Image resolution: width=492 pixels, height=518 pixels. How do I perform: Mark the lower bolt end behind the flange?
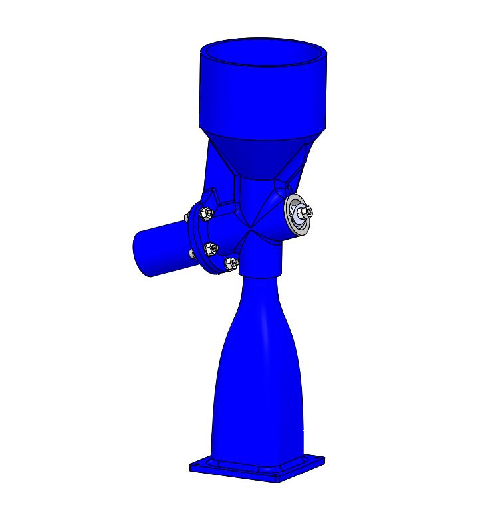190,254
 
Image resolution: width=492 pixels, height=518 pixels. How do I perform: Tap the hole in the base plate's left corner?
198,466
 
